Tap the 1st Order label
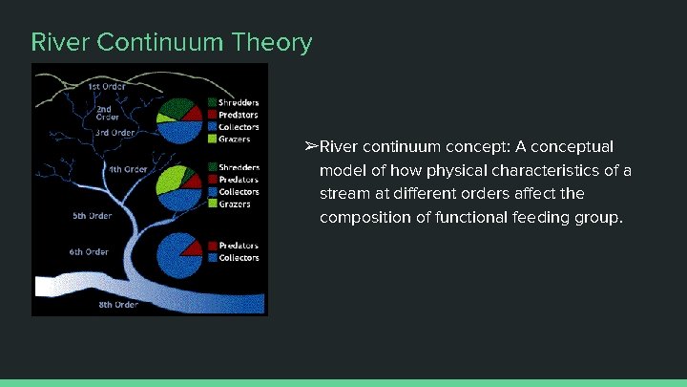pos(107,86)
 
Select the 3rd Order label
pos(114,133)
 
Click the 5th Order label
pos(93,216)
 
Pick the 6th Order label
pos(89,252)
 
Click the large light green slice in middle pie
pos(171,178)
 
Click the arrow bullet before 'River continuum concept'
pos(310,146)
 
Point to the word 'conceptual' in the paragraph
pos(578,146)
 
